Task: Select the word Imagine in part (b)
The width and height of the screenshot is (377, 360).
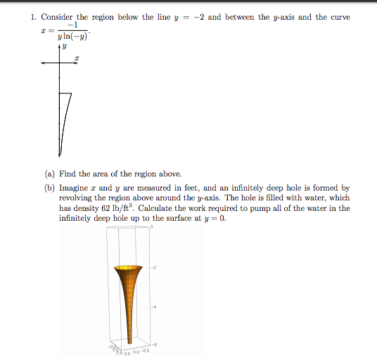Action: point(74,188)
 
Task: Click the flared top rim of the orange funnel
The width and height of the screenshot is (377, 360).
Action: point(128,268)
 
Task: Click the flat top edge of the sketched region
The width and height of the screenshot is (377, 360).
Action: point(65,92)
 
